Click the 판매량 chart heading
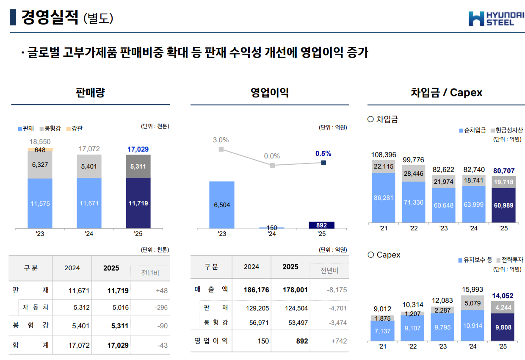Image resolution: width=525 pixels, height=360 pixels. (90, 93)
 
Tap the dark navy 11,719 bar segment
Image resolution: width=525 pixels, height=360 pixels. (138, 203)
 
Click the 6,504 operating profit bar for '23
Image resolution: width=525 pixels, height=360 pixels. (222, 205)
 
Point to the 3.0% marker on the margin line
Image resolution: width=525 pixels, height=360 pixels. (221, 149)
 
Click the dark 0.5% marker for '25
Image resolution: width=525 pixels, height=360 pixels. (323, 163)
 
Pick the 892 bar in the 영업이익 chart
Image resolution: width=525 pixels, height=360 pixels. (321, 225)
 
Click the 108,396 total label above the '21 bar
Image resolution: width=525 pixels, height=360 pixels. (384, 155)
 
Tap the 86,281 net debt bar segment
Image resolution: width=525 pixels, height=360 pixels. (384, 197)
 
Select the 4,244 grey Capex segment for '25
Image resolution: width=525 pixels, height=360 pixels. (503, 307)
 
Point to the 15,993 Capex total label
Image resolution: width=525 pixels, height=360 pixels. (472, 290)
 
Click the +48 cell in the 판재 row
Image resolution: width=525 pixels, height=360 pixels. (161, 291)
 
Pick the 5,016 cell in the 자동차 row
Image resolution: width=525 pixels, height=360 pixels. (120, 307)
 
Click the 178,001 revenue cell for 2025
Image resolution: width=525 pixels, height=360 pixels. (295, 290)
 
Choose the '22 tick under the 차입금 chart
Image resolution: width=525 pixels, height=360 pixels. (413, 228)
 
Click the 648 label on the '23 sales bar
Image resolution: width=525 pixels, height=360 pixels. (40, 150)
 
